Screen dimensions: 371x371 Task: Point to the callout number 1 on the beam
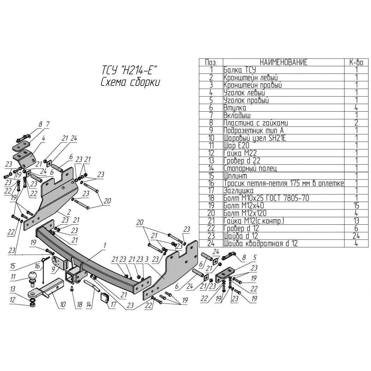(x=104, y=246)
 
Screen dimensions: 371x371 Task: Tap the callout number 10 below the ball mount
(x=63, y=304)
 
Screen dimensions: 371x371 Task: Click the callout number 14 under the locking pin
(x=88, y=305)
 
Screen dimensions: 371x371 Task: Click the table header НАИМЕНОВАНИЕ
(x=283, y=62)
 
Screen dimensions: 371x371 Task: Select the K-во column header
(x=356, y=62)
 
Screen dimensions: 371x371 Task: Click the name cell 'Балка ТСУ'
(x=240, y=70)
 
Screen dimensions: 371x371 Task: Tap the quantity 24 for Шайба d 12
(x=356, y=236)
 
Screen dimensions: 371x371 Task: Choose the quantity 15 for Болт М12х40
(x=356, y=206)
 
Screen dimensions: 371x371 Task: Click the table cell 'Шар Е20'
(x=236, y=146)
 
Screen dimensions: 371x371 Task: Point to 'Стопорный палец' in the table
(x=250, y=168)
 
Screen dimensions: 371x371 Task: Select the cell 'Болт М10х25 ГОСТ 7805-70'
(x=266, y=198)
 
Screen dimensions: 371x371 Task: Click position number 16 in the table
(x=211, y=183)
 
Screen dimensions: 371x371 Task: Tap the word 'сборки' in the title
(x=145, y=82)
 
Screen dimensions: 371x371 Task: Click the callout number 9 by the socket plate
(x=54, y=269)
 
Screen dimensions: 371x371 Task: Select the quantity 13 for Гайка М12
(x=356, y=221)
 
